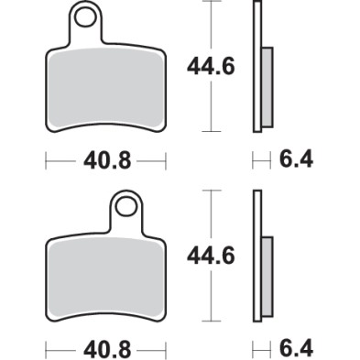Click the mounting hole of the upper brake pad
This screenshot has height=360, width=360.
(87, 17)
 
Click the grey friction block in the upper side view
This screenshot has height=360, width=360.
(267, 87)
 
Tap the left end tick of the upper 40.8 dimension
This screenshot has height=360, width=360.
(45, 161)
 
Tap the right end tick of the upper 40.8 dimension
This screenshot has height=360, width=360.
(166, 161)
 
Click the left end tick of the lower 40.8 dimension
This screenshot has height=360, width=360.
(45, 350)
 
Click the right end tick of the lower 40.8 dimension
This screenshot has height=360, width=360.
(166, 350)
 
